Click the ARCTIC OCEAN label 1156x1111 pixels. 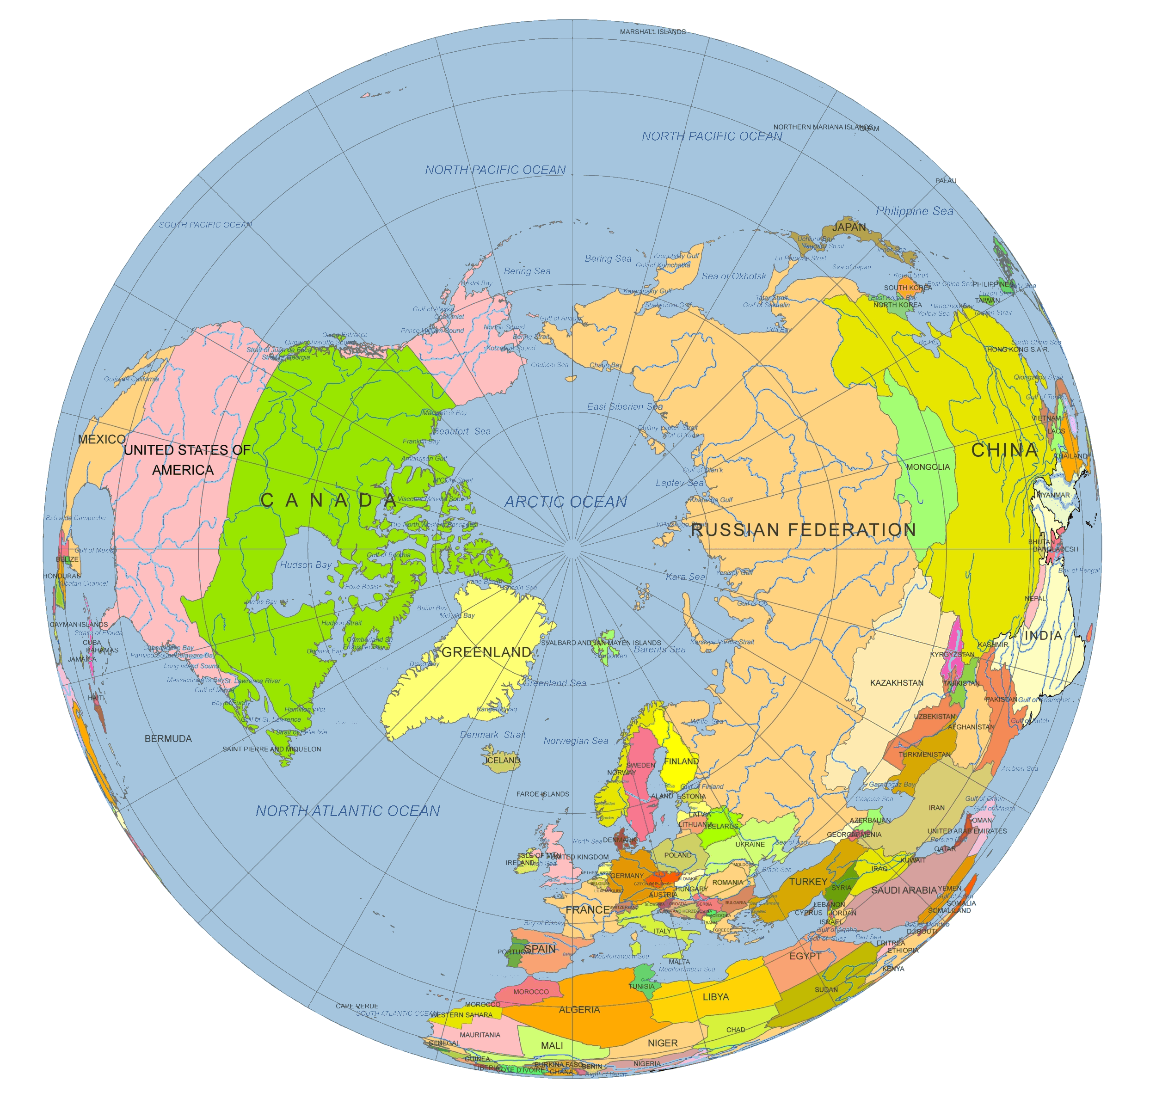(x=565, y=502)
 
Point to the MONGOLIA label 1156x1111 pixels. (x=928, y=467)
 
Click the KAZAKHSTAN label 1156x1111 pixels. (x=897, y=683)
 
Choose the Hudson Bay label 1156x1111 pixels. (x=306, y=565)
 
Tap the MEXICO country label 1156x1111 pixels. (x=101, y=439)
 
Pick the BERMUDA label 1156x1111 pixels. (x=168, y=738)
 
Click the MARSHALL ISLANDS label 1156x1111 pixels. (x=652, y=32)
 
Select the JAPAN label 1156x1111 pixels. (x=849, y=227)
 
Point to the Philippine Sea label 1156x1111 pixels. (x=914, y=211)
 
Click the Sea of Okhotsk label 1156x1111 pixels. (x=734, y=276)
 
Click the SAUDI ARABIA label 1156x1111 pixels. (x=904, y=890)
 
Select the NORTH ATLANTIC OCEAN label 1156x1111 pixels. (x=347, y=811)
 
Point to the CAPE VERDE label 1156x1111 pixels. (x=357, y=1006)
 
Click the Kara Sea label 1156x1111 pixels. (x=685, y=577)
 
